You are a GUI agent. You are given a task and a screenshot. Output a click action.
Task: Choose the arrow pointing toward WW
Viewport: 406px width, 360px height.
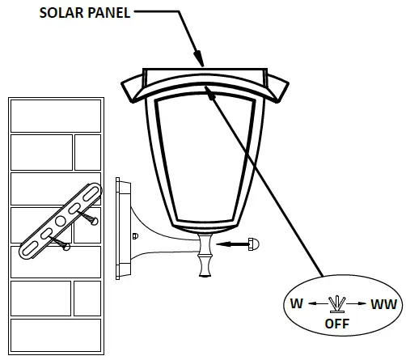pyautogui.click(x=358, y=304)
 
